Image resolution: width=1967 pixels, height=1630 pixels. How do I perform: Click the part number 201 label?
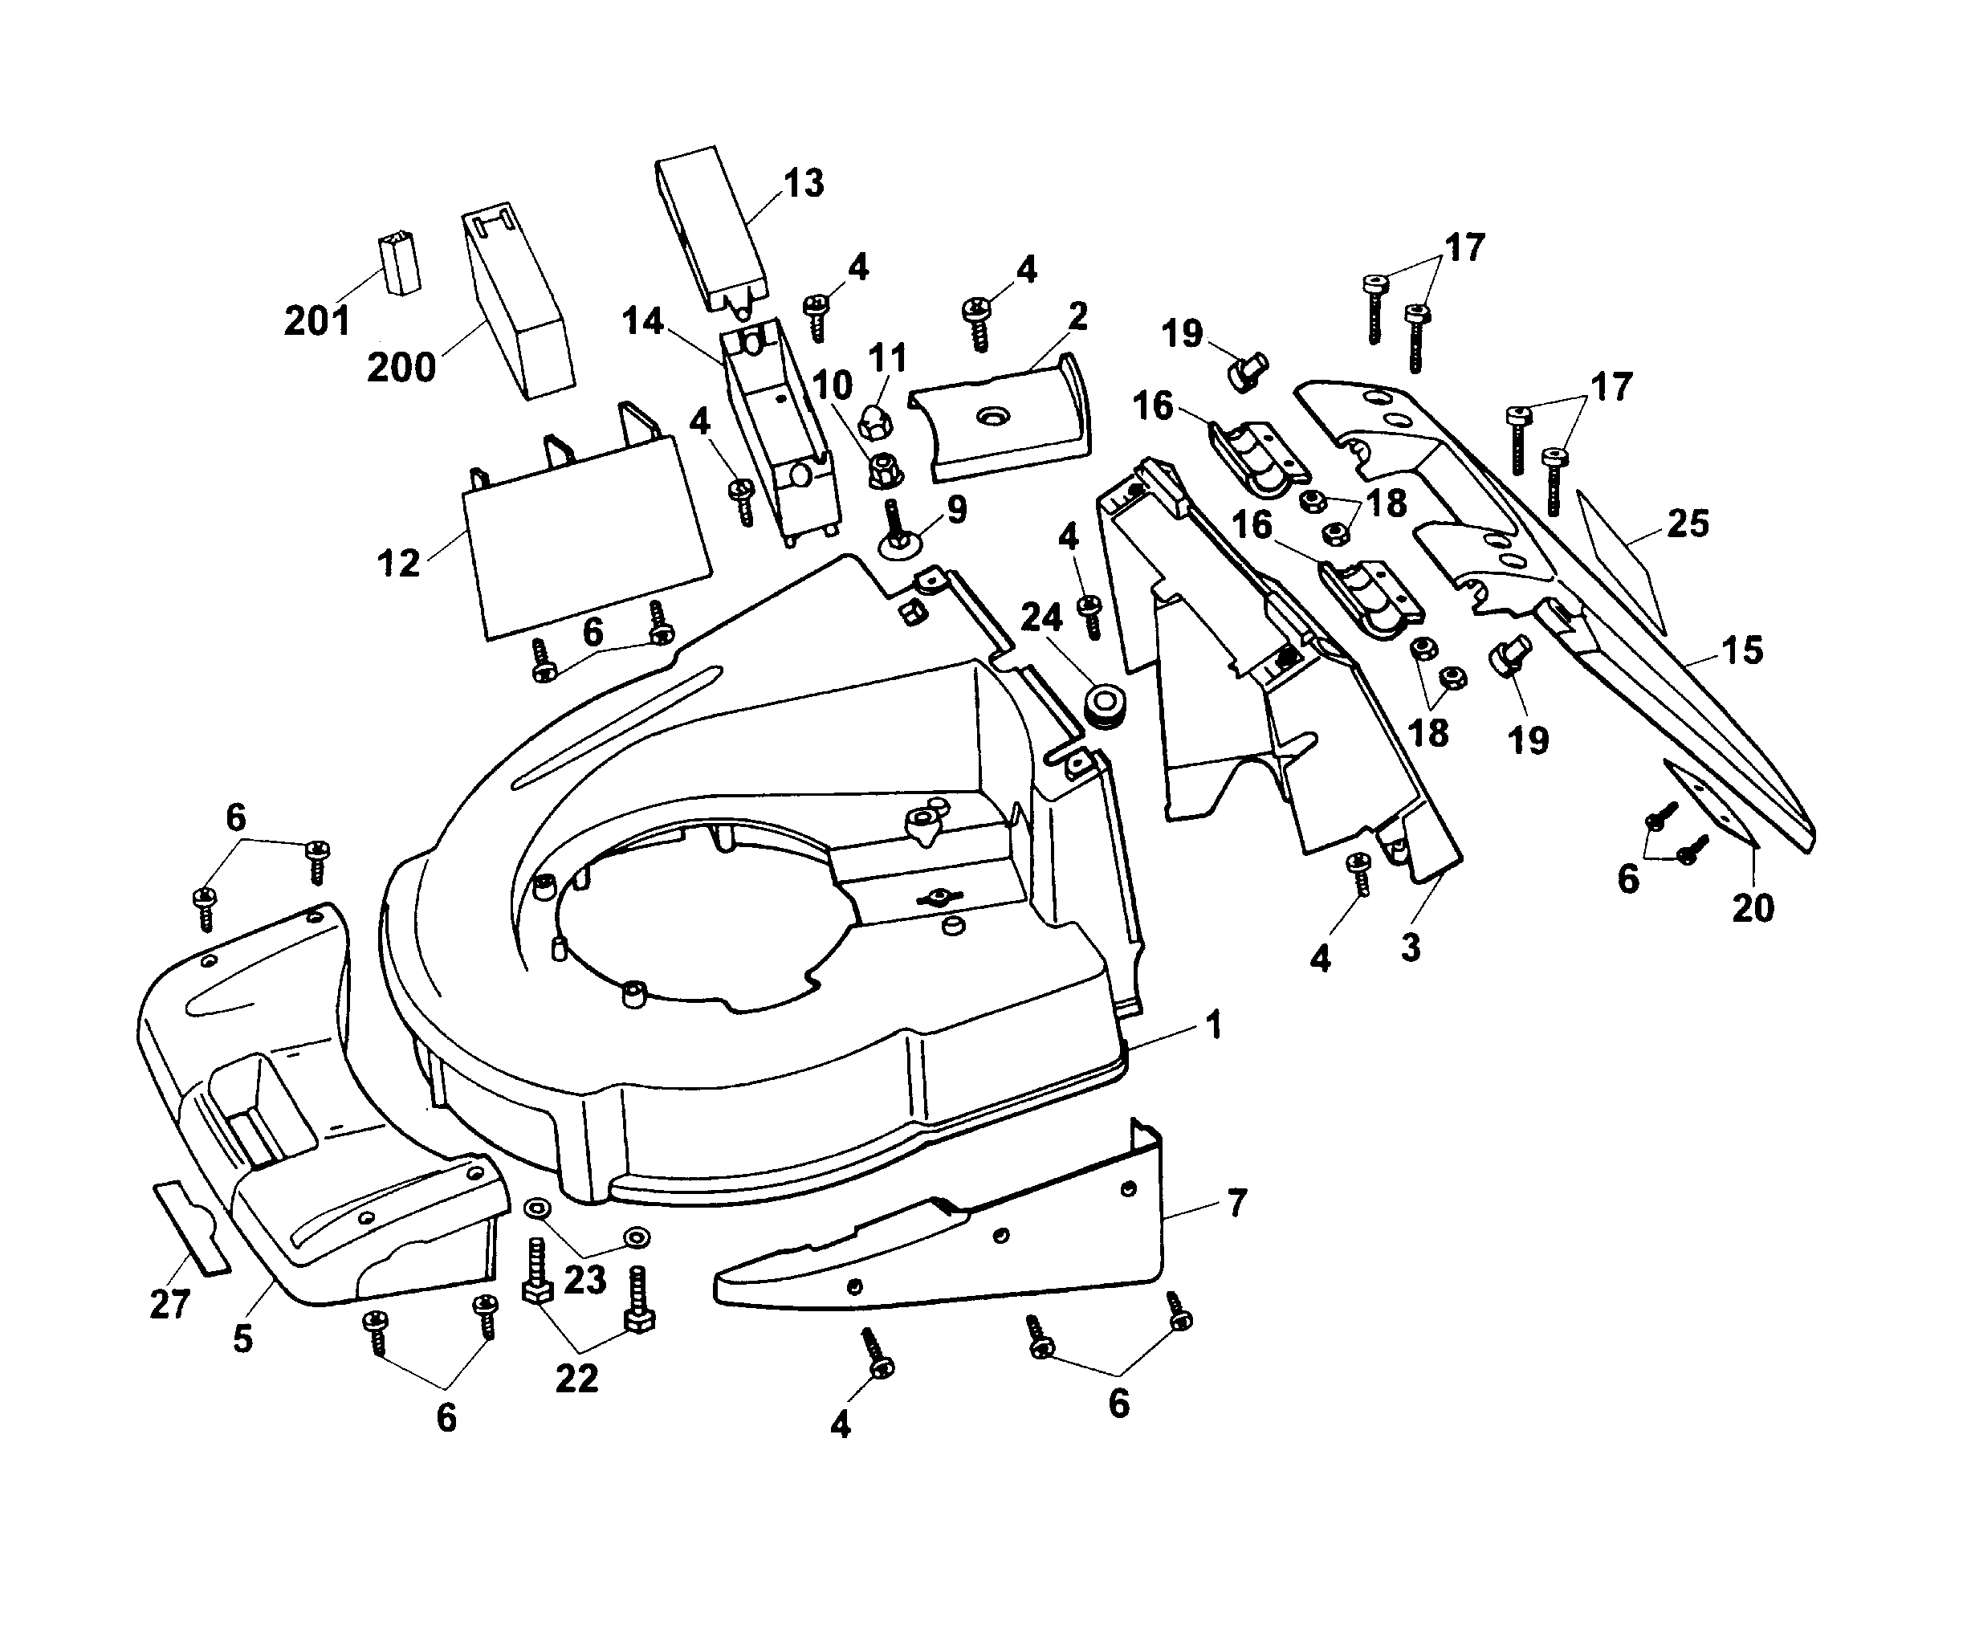click(316, 321)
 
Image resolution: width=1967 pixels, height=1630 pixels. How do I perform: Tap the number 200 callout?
click(401, 367)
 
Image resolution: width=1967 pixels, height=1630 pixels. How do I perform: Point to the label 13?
click(803, 184)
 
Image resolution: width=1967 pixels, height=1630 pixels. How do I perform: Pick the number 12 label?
click(398, 563)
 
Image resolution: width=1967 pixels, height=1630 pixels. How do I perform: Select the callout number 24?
click(1041, 617)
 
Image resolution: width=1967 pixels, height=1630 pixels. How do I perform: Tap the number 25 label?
click(1687, 524)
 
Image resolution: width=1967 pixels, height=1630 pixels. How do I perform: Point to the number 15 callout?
click(1741, 650)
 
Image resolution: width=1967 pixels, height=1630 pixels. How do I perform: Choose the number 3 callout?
click(1411, 947)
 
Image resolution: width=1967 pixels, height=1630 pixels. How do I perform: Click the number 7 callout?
click(1236, 1204)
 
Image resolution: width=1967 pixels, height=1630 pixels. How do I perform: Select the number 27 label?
click(169, 1304)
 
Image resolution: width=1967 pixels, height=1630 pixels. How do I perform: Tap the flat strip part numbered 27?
click(191, 1227)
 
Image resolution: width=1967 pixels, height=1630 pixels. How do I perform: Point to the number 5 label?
click(242, 1338)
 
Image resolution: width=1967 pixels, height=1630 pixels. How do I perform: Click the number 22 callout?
click(576, 1378)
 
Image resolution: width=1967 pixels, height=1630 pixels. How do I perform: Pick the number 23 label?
click(585, 1280)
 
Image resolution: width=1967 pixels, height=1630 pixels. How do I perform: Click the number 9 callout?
click(955, 510)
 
